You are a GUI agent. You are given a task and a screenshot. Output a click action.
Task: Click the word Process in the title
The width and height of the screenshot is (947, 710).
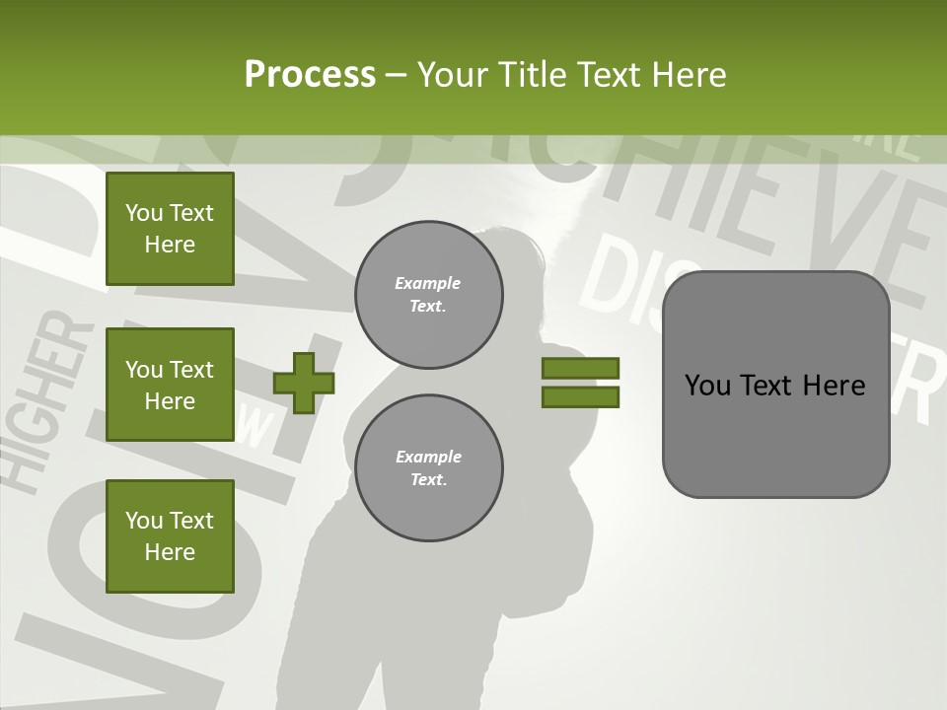pyautogui.click(x=310, y=75)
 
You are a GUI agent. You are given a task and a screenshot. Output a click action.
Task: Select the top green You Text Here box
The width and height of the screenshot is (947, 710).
pyautogui.click(x=170, y=229)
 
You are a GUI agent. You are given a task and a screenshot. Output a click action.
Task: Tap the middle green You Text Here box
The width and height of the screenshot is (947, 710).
pyautogui.click(x=170, y=385)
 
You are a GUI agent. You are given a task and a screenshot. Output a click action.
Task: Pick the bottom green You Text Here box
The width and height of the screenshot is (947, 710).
pyautogui.click(x=170, y=536)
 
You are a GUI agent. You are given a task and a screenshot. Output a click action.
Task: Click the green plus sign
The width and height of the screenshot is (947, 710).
pyautogui.click(x=304, y=383)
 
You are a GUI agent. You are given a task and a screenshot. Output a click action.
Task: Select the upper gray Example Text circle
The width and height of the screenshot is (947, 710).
pyautogui.click(x=428, y=295)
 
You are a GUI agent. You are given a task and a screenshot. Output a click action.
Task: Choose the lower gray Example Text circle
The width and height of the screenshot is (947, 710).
pyautogui.click(x=428, y=468)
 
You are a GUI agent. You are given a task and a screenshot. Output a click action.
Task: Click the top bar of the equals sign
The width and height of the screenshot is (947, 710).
pyautogui.click(x=580, y=368)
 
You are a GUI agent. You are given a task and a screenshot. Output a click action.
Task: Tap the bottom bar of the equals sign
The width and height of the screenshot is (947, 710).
pyautogui.click(x=580, y=397)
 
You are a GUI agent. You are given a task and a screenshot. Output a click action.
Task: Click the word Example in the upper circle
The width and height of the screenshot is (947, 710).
pyautogui.click(x=428, y=283)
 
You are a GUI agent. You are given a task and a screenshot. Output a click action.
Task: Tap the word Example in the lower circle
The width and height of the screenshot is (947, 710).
pyautogui.click(x=428, y=457)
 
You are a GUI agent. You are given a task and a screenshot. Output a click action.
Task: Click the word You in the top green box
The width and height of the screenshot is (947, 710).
pyautogui.click(x=144, y=213)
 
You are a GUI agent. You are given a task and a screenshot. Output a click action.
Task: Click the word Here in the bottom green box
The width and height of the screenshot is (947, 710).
pyautogui.click(x=170, y=552)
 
